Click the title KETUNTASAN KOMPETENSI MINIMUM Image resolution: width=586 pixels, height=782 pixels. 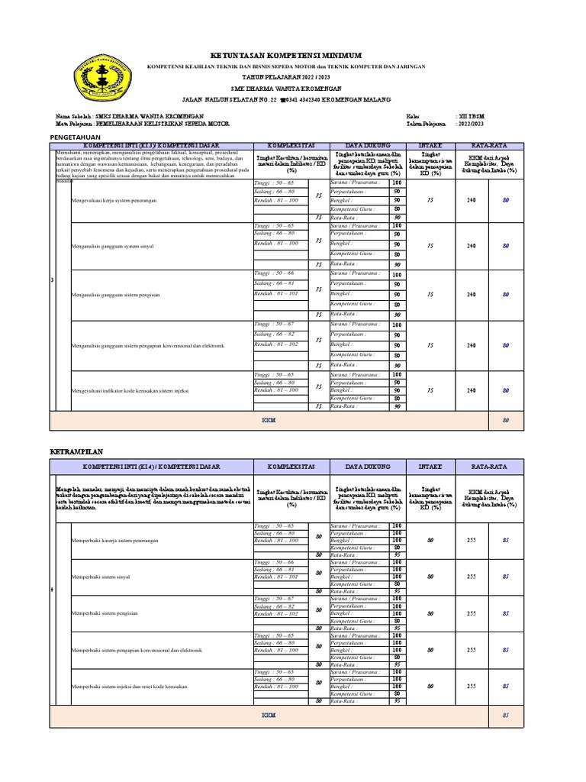point(286,56)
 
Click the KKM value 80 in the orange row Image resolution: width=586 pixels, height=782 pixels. point(504,420)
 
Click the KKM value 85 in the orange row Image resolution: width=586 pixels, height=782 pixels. point(504,715)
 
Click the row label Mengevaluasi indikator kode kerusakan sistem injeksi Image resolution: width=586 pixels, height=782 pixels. point(130,390)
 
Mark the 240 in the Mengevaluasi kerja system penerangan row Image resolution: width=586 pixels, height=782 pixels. point(472,199)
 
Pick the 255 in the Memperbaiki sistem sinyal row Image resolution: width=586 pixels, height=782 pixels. point(472,577)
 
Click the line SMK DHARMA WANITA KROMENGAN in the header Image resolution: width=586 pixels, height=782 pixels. point(286,89)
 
